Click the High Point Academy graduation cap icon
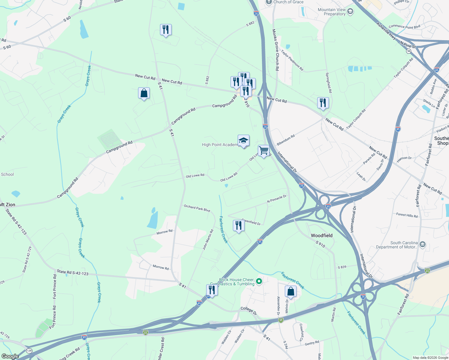pyautogui.click(x=243, y=140)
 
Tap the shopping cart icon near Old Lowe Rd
pyautogui.click(x=264, y=151)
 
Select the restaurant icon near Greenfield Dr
pyautogui.click(x=239, y=225)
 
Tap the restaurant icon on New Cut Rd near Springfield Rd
pyautogui.click(x=323, y=103)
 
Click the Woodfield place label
pyautogui.click(x=321, y=235)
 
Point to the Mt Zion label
pyautogui.click(x=8, y=205)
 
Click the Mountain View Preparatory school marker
pyautogui.click(x=350, y=12)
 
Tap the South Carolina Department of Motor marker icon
pyautogui.click(x=423, y=244)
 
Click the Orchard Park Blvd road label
pyautogui.click(x=197, y=208)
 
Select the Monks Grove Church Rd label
pyautogui.click(x=276, y=50)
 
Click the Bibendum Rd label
pyautogui.click(x=286, y=140)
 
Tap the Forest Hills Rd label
pyautogui.click(x=407, y=215)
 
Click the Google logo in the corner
pyautogui.click(x=10, y=356)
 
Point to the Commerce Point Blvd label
pyautogui.click(x=404, y=27)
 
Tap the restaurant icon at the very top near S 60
pyautogui.click(x=166, y=30)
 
